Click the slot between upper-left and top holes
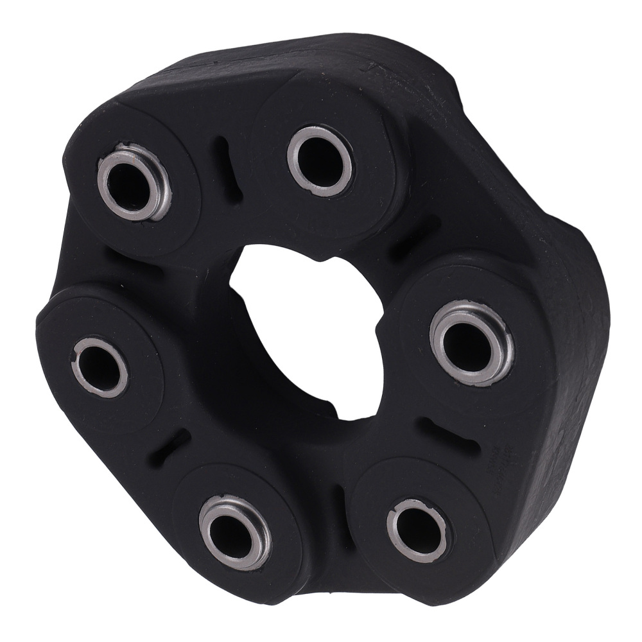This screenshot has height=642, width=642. pyautogui.click(x=224, y=169)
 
